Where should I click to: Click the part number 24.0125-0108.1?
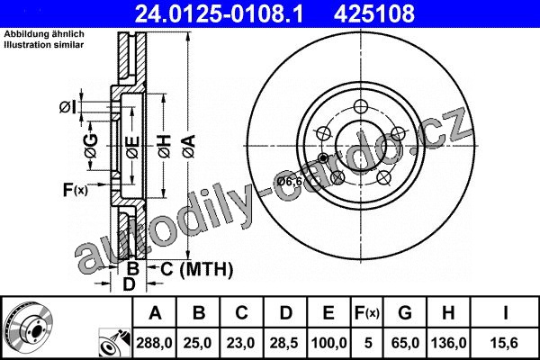coord(220,13)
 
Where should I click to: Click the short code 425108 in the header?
coord(374,13)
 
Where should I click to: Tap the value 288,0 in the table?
coord(154,343)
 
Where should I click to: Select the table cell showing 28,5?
coord(284,343)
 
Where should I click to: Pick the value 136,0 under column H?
coord(448,343)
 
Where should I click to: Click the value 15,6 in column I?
coord(505,343)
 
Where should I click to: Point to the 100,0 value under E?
coord(328,343)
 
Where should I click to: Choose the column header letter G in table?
coord(405,313)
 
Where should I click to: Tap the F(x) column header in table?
coord(367,313)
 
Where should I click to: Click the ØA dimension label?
coord(189,147)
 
